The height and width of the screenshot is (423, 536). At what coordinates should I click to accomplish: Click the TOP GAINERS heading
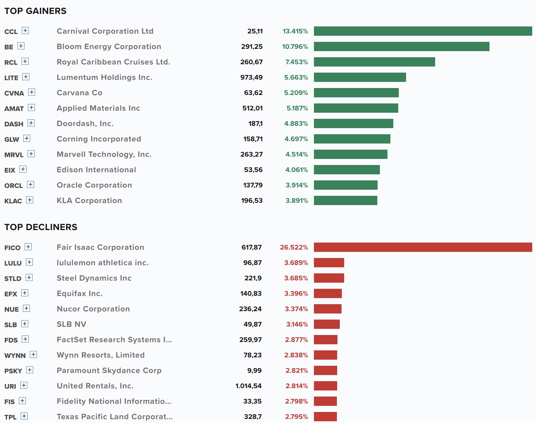35,11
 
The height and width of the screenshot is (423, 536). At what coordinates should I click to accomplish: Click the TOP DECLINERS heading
41,227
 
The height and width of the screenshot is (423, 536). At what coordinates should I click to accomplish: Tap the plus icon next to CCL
25,31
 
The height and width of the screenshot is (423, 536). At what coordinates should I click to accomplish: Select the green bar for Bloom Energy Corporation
401,46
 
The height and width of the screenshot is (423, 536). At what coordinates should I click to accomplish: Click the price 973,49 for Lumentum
251,77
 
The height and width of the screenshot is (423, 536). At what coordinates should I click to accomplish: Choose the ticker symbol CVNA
14,93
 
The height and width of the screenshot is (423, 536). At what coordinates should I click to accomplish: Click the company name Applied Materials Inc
99,108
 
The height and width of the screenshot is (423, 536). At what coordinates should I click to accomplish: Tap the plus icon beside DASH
31,123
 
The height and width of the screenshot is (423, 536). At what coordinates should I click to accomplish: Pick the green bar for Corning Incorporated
352,139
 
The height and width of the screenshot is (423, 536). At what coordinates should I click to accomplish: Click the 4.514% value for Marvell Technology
297,154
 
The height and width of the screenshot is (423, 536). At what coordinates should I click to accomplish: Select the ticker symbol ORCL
14,186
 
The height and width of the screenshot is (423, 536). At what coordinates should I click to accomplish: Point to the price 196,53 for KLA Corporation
252,200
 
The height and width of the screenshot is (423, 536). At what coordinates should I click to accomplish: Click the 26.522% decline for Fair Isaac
294,247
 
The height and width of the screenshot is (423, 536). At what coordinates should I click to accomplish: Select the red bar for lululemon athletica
329,263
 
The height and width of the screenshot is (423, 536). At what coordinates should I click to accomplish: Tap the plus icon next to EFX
25,293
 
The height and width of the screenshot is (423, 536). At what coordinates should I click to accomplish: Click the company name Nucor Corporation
93,309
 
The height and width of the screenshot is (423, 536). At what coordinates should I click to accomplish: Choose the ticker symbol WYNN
15,356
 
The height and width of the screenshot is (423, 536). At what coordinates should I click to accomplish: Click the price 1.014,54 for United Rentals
249,386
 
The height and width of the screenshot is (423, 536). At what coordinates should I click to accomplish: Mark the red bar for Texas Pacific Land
325,417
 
